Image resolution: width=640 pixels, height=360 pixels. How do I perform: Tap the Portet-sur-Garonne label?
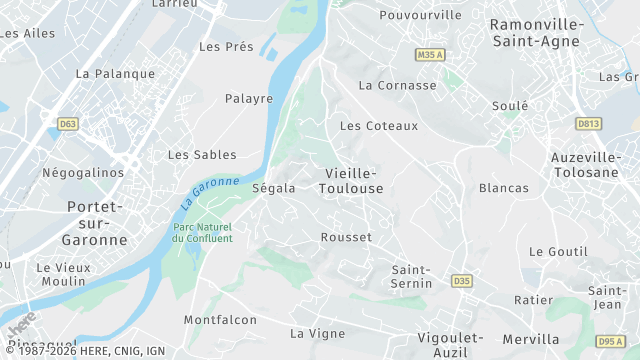[x=95, y=223]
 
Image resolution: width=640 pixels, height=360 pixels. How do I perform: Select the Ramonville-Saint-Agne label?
[x=540, y=32]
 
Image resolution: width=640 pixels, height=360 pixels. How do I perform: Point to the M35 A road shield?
[x=430, y=54]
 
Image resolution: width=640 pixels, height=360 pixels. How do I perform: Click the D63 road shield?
[x=68, y=124]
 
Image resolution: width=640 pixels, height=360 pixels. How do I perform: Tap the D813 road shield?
[x=588, y=123]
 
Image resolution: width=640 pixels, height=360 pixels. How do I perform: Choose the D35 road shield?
[x=461, y=280]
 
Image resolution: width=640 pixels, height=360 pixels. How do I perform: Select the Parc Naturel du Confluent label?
[x=202, y=232]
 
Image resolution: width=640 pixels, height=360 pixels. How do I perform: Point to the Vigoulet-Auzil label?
[x=449, y=345]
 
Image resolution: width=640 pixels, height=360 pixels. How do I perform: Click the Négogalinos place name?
[x=83, y=172]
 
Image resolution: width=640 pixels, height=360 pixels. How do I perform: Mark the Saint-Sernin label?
[x=410, y=277]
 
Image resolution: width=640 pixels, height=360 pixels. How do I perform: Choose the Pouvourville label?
[x=421, y=15]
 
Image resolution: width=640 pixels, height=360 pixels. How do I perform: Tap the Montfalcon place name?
[x=220, y=320]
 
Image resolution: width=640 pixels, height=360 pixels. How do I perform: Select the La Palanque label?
[x=116, y=73]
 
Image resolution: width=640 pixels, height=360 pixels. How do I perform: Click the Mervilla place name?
[x=530, y=338]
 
